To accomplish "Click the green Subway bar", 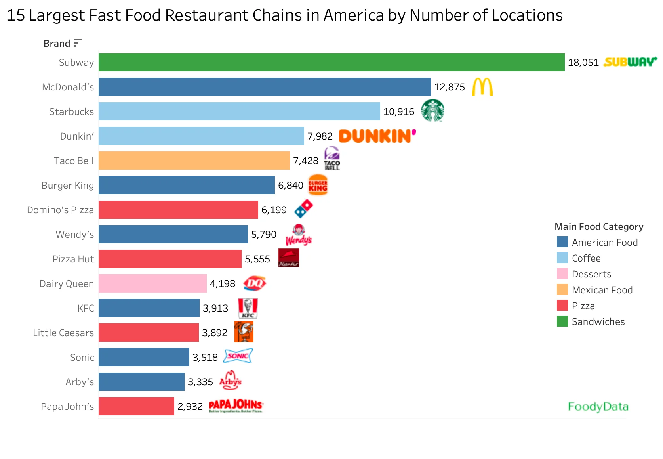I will tap(331, 62).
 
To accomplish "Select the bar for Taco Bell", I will tap(194, 161).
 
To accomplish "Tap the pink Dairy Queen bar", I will tap(152, 283).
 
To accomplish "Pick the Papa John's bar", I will tap(136, 406).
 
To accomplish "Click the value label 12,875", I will tap(450, 87).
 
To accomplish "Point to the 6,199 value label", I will tap(274, 210).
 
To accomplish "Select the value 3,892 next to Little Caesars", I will tap(215, 333).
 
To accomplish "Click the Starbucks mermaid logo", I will tap(432, 111).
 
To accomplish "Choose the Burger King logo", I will tap(318, 185).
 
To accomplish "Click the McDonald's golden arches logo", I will tap(482, 87).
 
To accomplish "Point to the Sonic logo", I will tap(238, 356).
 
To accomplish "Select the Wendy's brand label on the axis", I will tap(75, 235).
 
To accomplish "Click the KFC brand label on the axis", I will tap(86, 308).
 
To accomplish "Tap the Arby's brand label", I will tap(80, 382).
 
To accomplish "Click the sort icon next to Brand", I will tap(78, 43).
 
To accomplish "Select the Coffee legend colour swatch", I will tap(562, 258).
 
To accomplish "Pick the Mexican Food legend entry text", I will tap(602, 290).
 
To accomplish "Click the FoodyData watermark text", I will tap(598, 407).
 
